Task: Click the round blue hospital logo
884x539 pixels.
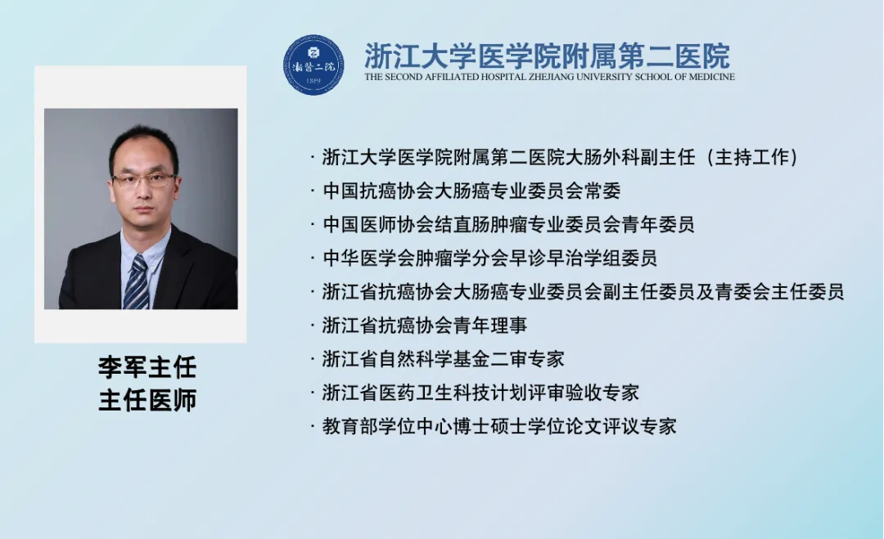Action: [x=313, y=65]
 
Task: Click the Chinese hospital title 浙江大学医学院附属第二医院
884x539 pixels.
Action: [x=547, y=56]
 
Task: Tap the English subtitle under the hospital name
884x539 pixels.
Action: [x=550, y=77]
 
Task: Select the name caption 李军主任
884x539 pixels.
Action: [x=147, y=367]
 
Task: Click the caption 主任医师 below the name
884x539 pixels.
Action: [x=147, y=400]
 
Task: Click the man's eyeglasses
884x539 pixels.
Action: [x=143, y=181]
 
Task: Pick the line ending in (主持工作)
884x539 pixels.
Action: [x=561, y=157]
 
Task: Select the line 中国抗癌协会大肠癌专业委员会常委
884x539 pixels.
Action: [x=471, y=191]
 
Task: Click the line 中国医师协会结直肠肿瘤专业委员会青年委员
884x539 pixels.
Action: [x=508, y=225]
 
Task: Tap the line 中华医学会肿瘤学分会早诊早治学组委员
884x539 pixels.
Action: [x=490, y=258]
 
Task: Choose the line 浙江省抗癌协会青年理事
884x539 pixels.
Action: [x=425, y=326]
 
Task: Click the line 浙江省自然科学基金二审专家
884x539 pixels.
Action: [x=443, y=359]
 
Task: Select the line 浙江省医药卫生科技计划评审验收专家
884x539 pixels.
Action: [x=480, y=393]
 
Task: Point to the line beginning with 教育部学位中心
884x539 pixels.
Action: [x=499, y=426]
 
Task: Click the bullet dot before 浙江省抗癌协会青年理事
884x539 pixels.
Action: [x=313, y=326]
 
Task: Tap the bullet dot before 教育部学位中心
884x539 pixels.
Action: [x=313, y=426]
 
